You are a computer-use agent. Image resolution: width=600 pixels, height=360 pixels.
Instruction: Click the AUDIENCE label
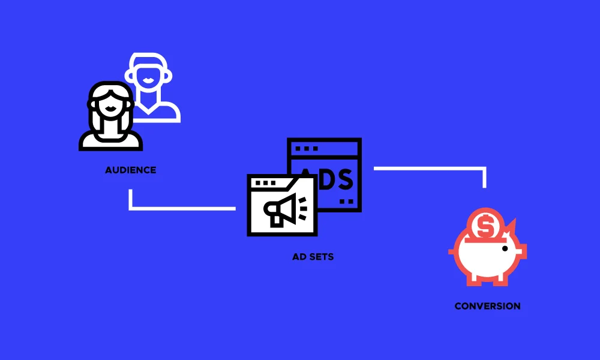point(130,170)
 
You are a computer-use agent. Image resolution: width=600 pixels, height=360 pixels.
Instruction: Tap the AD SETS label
point(313,257)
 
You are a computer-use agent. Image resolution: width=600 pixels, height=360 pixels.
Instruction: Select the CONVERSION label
point(487,306)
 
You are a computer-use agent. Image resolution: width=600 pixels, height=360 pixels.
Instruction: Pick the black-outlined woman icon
point(110,118)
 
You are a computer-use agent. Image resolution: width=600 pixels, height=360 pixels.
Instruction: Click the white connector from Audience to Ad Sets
point(180,208)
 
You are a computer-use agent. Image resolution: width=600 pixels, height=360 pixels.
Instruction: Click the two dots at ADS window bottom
point(346,202)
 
